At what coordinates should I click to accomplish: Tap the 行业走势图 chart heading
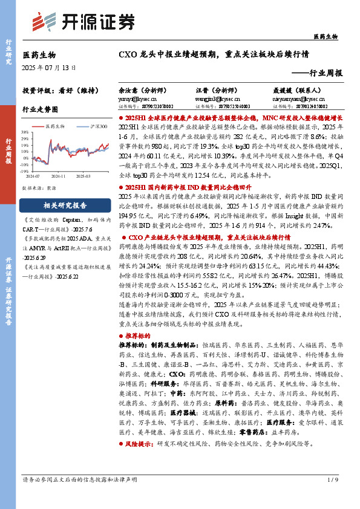tap(40, 110)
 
